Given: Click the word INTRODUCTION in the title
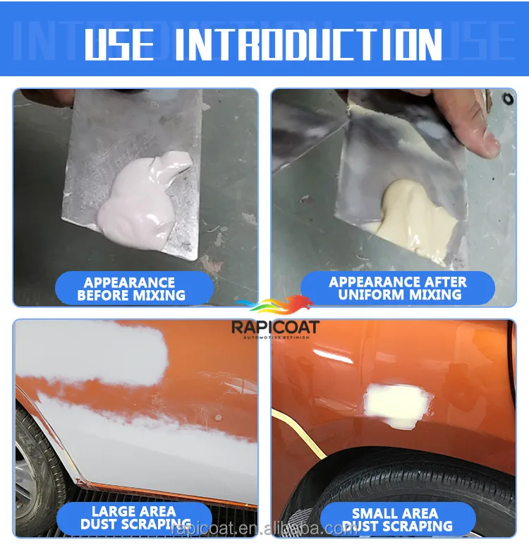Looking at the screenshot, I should (x=308, y=44).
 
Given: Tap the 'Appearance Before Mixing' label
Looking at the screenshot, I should (x=131, y=289).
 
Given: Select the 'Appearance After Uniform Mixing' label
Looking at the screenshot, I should (x=398, y=289).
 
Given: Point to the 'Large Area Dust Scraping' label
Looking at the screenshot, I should (x=135, y=517).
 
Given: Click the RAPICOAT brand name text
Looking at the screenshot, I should (x=275, y=327).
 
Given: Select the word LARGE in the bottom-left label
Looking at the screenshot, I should (x=111, y=510).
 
